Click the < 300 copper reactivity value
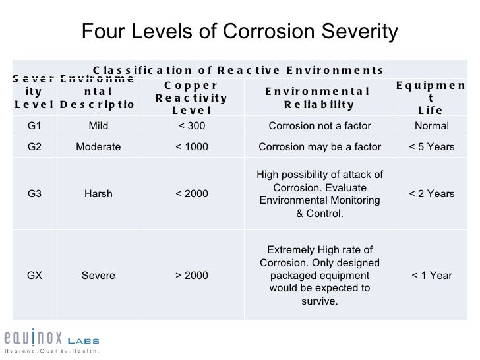tap(192, 126)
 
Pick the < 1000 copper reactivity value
tap(192, 146)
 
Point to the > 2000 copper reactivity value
tap(192, 276)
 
